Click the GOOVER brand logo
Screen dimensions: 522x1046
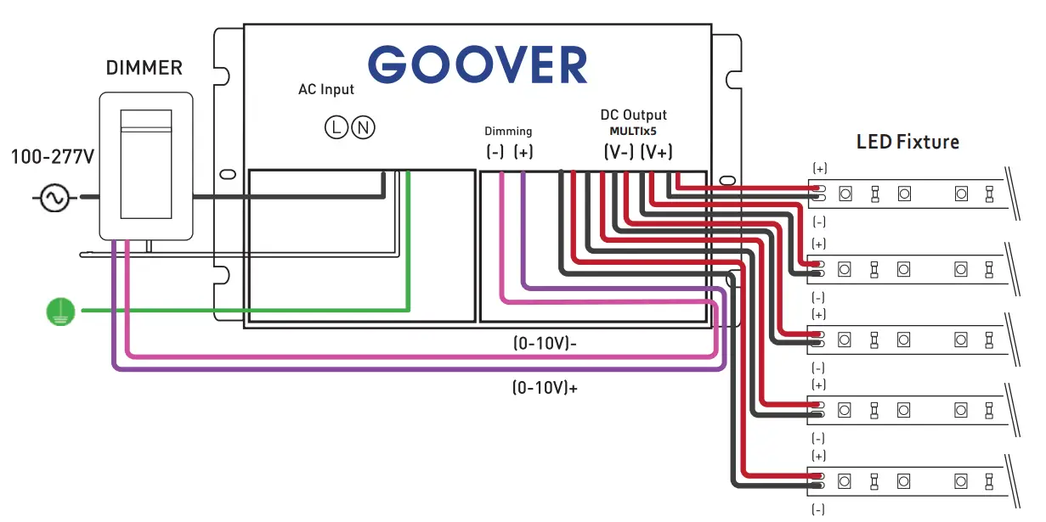[478, 65]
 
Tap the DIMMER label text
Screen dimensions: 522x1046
[144, 68]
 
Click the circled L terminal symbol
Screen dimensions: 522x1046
[336, 128]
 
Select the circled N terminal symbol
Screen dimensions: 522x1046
[363, 128]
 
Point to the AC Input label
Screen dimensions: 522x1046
[326, 89]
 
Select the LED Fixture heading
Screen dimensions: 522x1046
[907, 142]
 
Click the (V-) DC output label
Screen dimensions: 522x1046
[619, 153]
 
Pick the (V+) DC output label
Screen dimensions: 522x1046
[657, 153]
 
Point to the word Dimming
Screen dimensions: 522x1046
[508, 132]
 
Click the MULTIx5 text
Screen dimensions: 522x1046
[633, 132]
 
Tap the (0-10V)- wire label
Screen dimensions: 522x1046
[546, 343]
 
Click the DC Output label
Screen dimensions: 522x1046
[634, 115]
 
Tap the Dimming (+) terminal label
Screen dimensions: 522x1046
[523, 153]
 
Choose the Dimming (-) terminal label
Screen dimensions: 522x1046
[495, 153]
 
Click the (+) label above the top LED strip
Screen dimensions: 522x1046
[820, 169]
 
